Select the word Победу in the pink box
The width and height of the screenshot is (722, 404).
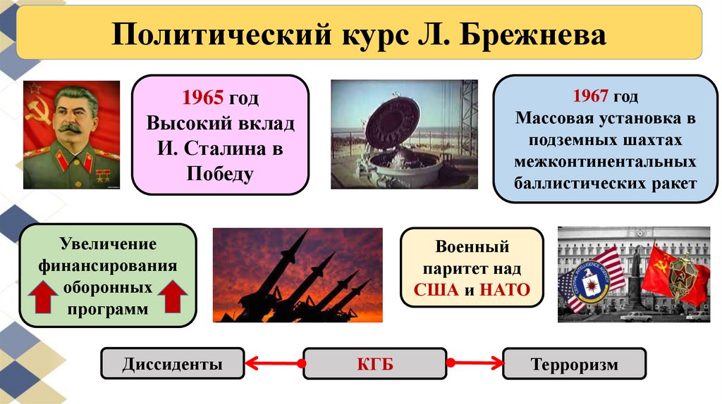220,173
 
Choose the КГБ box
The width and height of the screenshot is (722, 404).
374,365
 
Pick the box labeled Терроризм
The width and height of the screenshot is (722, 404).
573,365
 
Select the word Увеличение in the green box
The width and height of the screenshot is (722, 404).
108,244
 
